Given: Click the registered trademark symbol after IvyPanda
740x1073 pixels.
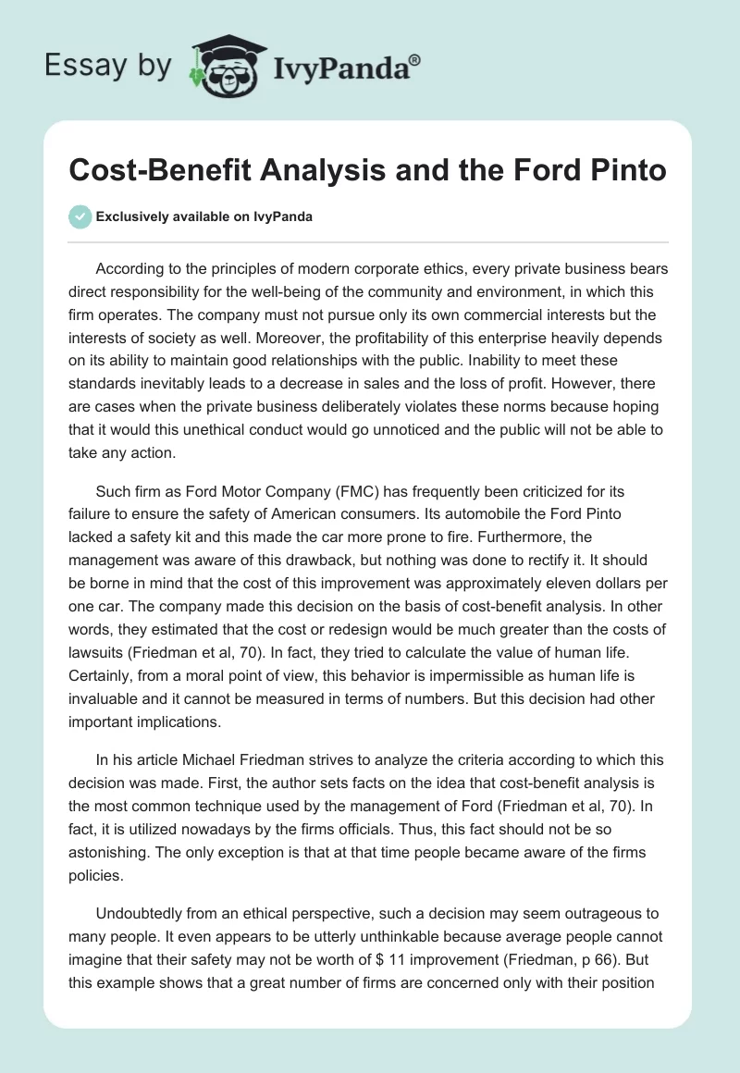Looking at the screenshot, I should coord(415,60).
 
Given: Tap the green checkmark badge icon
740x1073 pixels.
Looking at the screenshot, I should coord(80,217).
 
